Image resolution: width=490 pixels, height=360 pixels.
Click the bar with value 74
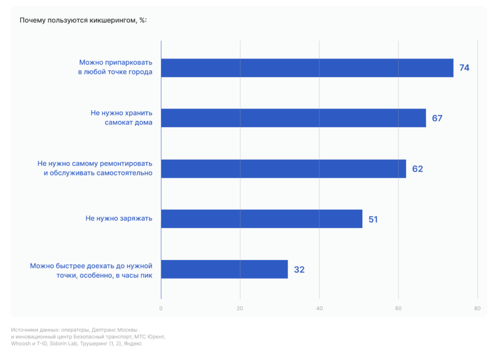point(307,68)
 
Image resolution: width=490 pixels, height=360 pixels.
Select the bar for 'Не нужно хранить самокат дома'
point(293,118)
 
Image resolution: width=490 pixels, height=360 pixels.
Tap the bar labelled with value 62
point(283,168)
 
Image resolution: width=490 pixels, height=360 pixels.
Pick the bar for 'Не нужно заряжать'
point(261,219)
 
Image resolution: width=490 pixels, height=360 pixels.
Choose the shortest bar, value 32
point(224,269)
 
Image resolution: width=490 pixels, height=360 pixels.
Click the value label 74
point(464,68)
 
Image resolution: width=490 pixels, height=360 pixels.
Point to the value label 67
point(437,118)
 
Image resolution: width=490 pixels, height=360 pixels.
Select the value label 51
point(374,219)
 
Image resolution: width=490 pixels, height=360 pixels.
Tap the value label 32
point(299,270)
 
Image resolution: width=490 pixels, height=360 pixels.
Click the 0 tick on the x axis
point(161,309)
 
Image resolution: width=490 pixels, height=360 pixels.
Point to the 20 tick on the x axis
point(240,309)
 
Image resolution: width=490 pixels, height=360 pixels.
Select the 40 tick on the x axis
point(319,309)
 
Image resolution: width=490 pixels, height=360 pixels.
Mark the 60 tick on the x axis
point(398,309)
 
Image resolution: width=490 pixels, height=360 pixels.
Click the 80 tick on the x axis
point(477,309)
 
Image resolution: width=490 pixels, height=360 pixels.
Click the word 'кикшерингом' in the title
point(113,21)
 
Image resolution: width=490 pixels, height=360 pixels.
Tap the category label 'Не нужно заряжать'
point(119,218)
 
